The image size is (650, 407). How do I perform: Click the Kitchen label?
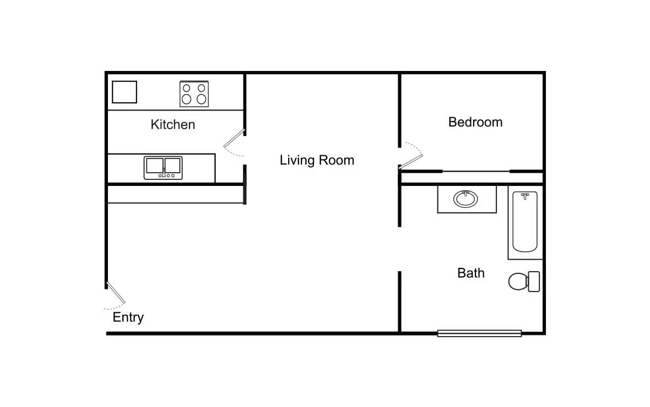pos(172,125)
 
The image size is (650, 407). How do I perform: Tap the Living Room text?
pos(317,160)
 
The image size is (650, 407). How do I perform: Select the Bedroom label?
pos(475,122)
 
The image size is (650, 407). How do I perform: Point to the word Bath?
pos(471,273)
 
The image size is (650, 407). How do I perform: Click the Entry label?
pos(128,317)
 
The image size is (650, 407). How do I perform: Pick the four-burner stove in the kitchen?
pos(194,94)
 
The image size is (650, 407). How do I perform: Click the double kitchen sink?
pos(163,168)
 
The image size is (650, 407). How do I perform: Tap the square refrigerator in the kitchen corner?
pos(124,92)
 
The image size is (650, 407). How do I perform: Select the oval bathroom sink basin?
pos(466,199)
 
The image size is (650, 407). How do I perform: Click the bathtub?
pos(524,223)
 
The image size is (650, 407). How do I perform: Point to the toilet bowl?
pos(517,282)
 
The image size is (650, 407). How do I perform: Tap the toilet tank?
pos(533,282)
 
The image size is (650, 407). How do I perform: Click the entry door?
pos(116,294)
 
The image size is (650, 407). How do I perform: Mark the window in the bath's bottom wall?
pos(479,333)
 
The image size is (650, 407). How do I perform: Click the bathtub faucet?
pos(525,195)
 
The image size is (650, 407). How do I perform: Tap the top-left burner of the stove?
pos(187,87)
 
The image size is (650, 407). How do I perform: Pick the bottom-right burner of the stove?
pos(202,100)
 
